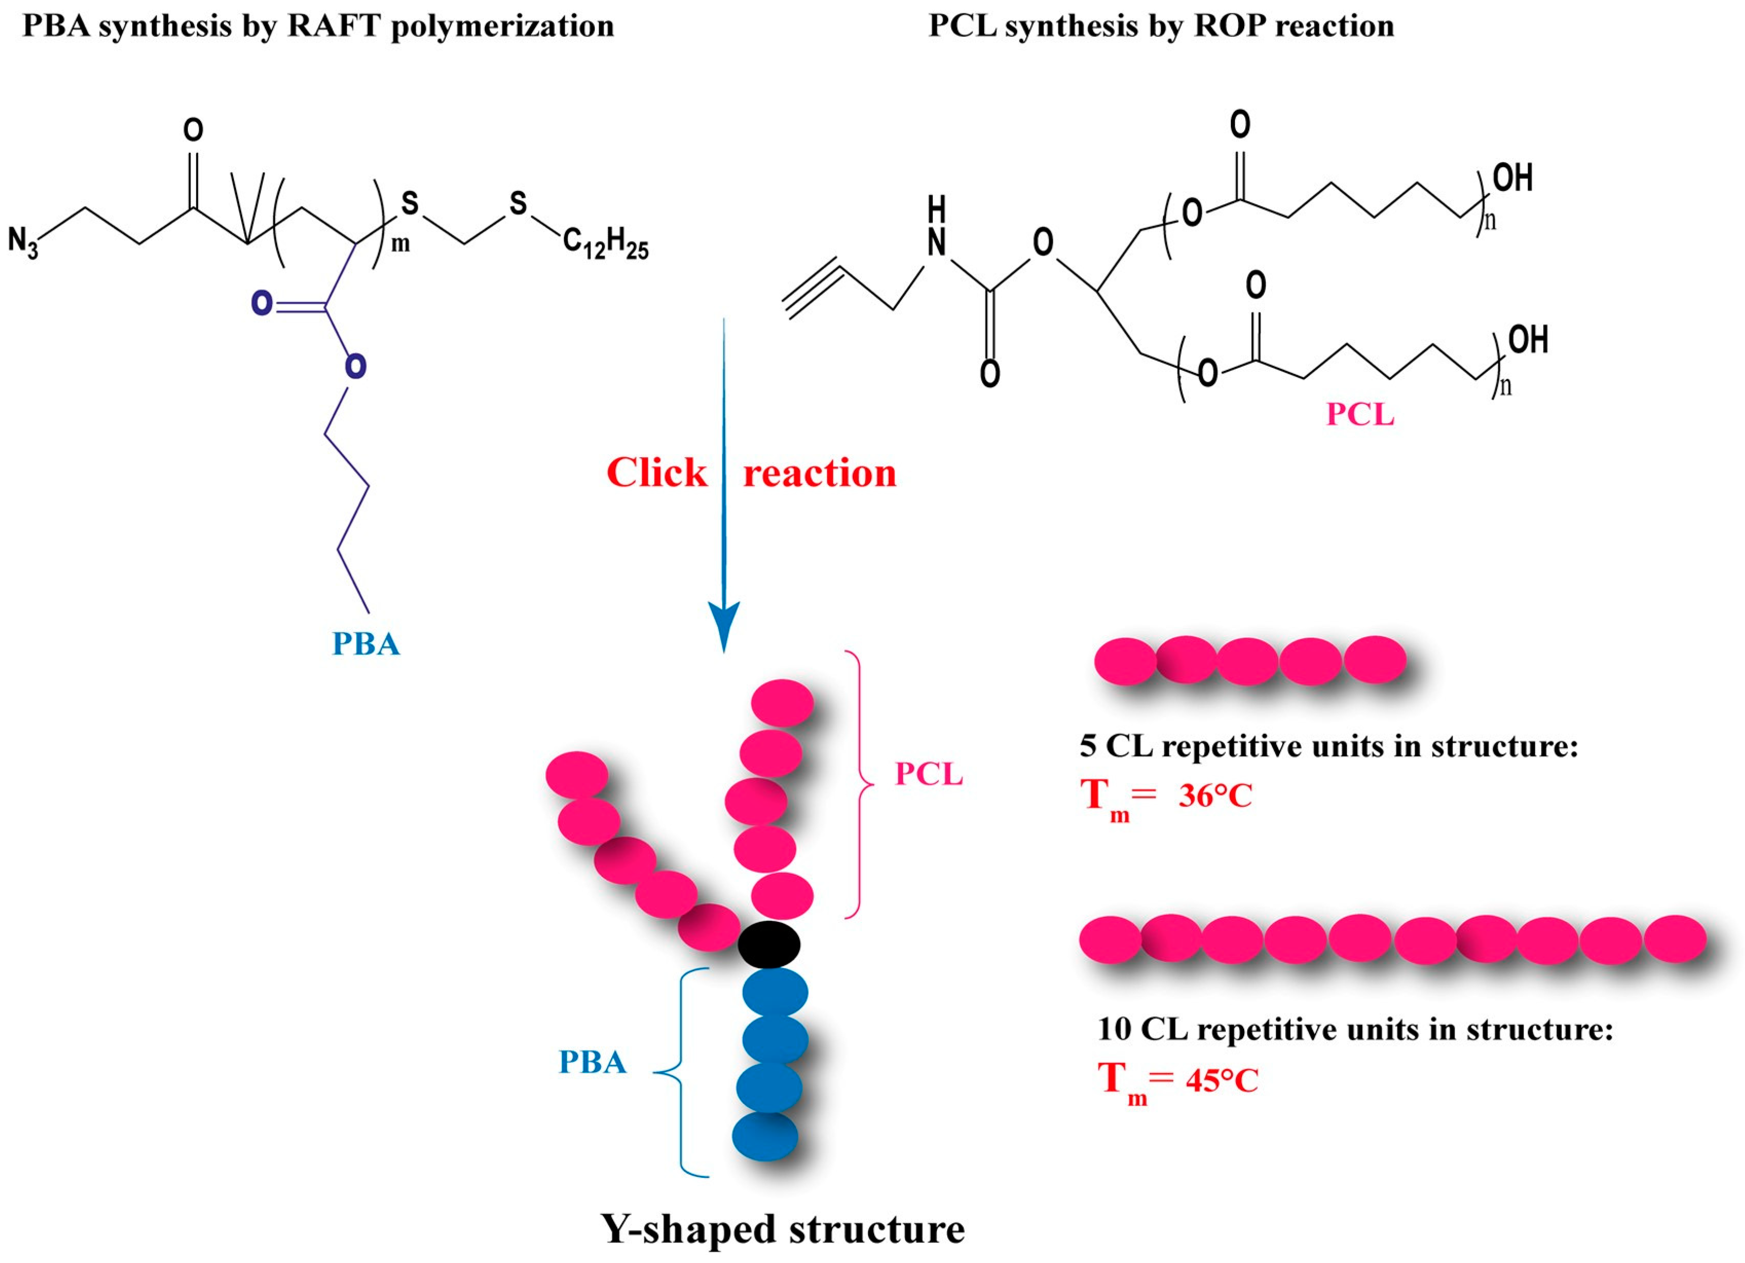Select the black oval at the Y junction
[769, 944]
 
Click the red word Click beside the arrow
[656, 472]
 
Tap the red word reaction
[819, 473]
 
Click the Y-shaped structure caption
[782, 1229]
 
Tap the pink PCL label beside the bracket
[929, 774]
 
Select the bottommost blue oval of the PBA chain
[765, 1136]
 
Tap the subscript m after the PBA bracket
[401, 245]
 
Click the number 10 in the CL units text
[1114, 1029]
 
